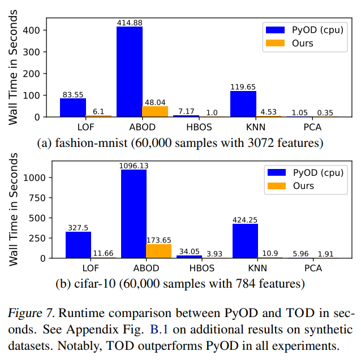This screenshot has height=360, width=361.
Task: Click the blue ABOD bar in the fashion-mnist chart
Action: [x=130, y=72]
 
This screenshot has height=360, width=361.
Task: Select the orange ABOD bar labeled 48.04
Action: [x=155, y=111]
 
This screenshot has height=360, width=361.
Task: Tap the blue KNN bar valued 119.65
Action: [x=243, y=104]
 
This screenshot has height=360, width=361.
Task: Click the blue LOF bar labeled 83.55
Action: [x=73, y=107]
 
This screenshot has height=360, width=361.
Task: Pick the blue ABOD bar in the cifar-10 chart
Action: [x=134, y=214]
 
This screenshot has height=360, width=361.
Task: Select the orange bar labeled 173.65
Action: [x=159, y=251]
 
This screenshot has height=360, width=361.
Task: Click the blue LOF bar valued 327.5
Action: [x=78, y=245]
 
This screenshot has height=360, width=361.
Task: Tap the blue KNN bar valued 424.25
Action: [x=246, y=241]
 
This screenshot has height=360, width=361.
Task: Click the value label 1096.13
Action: [x=134, y=166]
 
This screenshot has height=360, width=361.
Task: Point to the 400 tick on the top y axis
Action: [x=38, y=31]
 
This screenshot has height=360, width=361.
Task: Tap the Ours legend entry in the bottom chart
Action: [x=304, y=185]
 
